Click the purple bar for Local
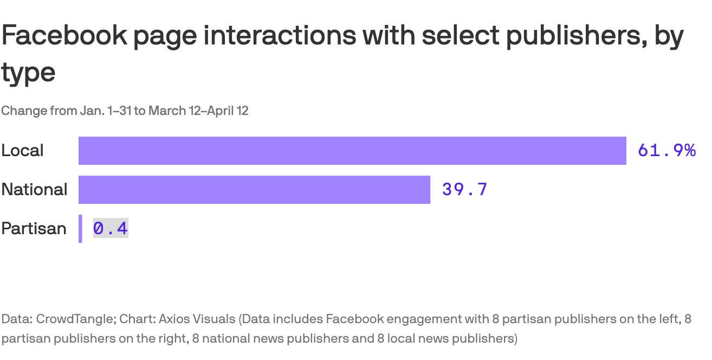(x=352, y=151)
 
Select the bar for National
(x=254, y=190)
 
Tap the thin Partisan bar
(x=80, y=229)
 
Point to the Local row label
(x=22, y=151)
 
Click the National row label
(x=34, y=190)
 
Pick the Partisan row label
(x=34, y=229)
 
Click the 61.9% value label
(x=666, y=151)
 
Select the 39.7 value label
(x=465, y=190)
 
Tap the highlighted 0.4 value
(x=111, y=229)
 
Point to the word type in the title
(x=28, y=73)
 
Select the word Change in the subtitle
(x=23, y=111)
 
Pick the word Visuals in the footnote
(x=215, y=319)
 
